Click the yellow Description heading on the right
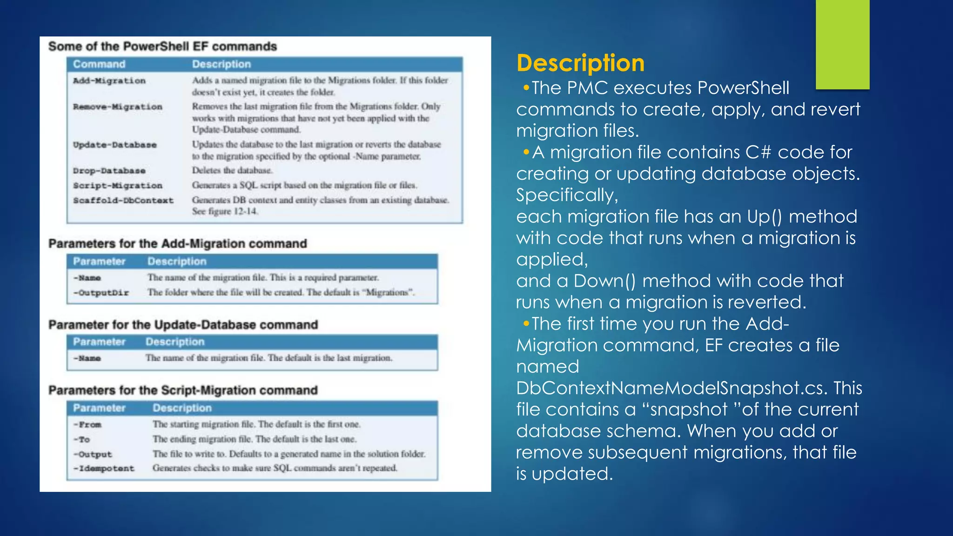[580, 63]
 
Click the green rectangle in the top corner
[842, 44]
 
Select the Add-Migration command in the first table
[109, 81]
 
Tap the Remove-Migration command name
[118, 107]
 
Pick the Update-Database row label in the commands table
[114, 145]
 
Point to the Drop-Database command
[109, 171]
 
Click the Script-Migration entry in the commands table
[118, 186]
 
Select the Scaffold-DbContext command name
[123, 201]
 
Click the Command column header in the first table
[99, 64]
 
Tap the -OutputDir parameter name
[101, 293]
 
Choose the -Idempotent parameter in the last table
[104, 469]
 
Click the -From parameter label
[87, 425]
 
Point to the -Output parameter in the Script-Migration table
[93, 454]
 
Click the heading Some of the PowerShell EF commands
[162, 47]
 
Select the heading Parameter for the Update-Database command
[183, 325]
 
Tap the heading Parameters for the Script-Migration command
[183, 390]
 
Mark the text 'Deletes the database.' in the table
[232, 170]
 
